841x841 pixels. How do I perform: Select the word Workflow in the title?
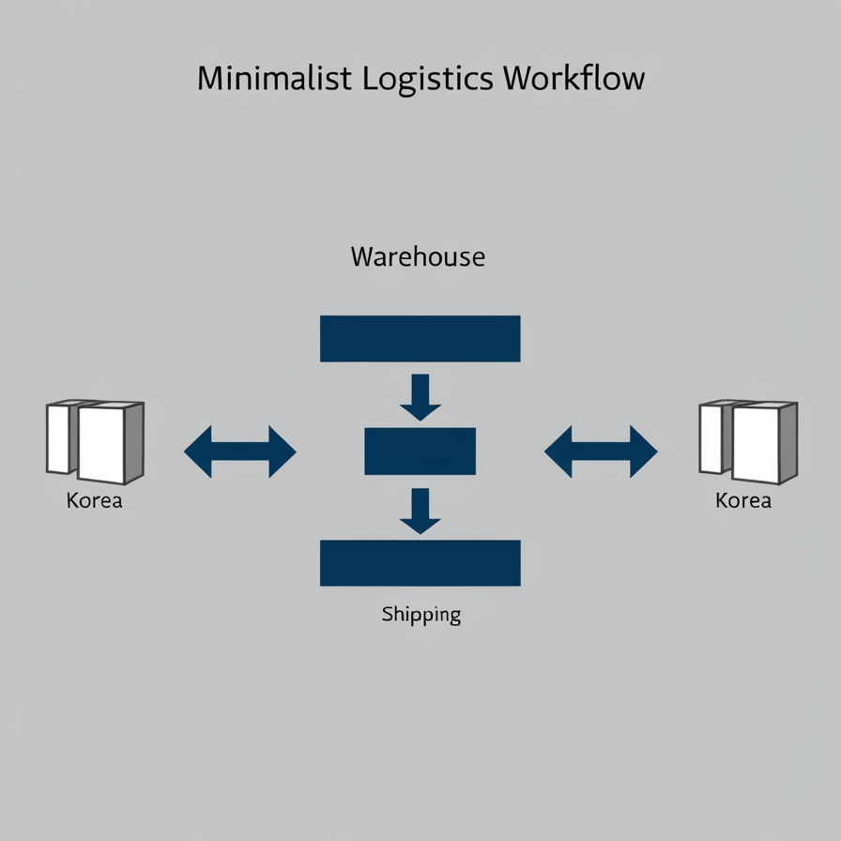573,78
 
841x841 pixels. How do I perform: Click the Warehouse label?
418,256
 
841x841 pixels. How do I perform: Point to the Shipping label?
420,616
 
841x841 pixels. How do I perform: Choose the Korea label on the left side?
94,500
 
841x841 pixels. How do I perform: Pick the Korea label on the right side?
742,500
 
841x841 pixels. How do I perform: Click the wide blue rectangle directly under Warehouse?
420,339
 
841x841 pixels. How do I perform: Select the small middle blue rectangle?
420,451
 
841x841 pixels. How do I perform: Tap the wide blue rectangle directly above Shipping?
420,563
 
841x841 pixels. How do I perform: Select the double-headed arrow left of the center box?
240,451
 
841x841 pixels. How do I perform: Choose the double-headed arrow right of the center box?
601,451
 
